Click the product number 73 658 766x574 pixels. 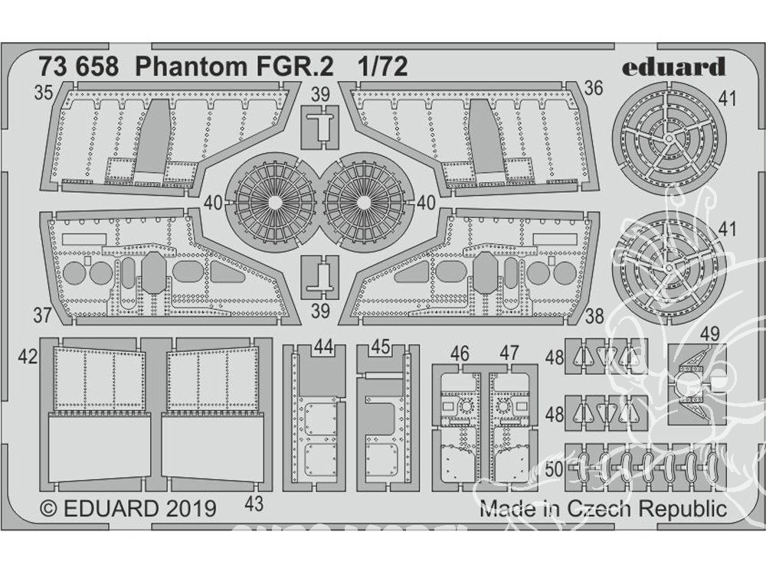83,67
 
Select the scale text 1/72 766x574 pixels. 381,67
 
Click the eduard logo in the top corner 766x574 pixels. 673,67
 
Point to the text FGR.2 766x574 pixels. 296,67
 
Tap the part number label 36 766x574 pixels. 593,89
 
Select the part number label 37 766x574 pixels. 43,315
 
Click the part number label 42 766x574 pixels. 28,357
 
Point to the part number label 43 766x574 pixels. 254,504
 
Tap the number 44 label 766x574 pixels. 323,347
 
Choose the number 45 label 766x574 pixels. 381,347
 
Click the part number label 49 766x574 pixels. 709,334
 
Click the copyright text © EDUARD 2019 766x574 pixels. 126,509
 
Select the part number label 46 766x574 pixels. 460,353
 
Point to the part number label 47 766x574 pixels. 509,353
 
